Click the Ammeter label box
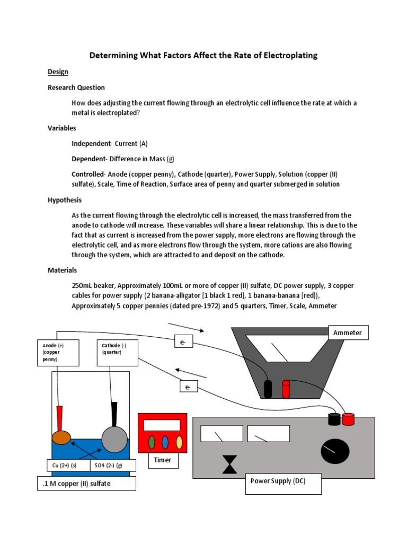pos(348,332)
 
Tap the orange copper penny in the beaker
pos(61,437)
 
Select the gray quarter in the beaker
pos(114,440)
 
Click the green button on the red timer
pos(152,442)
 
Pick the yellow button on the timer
pos(179,442)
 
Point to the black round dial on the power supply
pos(335,451)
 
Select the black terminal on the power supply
pos(334,419)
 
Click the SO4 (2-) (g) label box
pos(113,466)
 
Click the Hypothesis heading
pos(65,200)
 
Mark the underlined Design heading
pos(58,72)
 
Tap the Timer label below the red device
pos(163,460)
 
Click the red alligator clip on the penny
pos(60,417)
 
